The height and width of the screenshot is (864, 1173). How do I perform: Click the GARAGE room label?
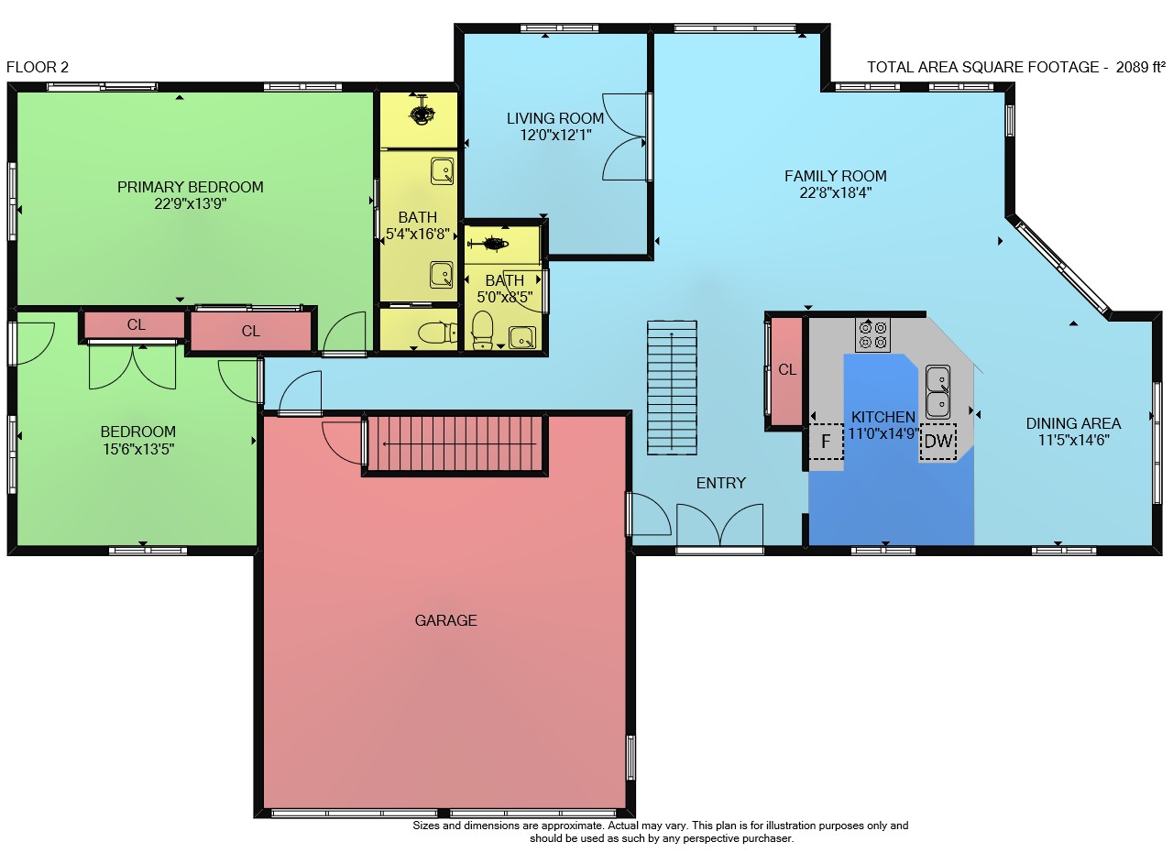[x=445, y=620]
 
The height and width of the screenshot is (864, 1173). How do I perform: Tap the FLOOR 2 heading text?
[x=38, y=67]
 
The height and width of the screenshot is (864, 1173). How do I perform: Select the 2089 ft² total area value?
[x=1140, y=67]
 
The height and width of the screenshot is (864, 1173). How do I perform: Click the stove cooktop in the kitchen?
[x=872, y=334]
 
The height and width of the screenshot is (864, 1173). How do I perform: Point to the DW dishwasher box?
[x=938, y=442]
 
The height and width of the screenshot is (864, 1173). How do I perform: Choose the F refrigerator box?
[x=826, y=442]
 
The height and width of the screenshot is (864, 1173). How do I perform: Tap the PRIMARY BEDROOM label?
[x=190, y=187]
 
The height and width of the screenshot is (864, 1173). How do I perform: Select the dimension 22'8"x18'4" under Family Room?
[x=835, y=192]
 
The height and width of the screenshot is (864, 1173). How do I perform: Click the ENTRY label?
[x=721, y=483]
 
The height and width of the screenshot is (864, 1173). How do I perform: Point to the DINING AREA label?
[x=1073, y=423]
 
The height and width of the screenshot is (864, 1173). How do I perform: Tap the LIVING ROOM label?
[x=555, y=118]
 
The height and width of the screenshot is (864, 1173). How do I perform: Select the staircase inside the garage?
[x=455, y=443]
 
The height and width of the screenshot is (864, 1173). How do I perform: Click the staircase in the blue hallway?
[x=672, y=388]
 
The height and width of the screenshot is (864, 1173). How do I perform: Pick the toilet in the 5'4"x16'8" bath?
[x=436, y=332]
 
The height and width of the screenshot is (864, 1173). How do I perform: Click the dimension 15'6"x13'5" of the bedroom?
[x=138, y=449]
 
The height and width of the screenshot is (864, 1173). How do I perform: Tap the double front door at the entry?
[x=720, y=525]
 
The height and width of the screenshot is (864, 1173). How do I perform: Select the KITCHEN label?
[x=883, y=417]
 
